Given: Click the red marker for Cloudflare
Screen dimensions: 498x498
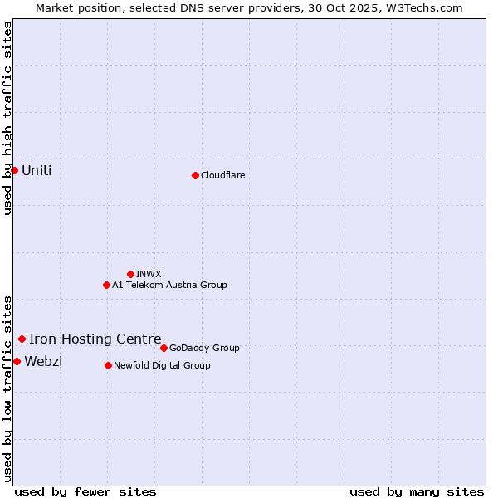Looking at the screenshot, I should pyautogui.click(x=195, y=175).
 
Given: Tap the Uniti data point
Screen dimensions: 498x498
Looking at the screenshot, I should pyautogui.click(x=14, y=170).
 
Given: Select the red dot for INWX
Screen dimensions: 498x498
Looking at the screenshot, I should pyautogui.click(x=130, y=274).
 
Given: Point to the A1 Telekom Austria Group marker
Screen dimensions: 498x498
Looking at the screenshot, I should pyautogui.click(x=106, y=285).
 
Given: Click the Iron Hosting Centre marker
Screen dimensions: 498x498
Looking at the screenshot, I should pyautogui.click(x=22, y=339).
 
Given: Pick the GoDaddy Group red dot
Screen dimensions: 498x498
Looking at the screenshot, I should pyautogui.click(x=164, y=348).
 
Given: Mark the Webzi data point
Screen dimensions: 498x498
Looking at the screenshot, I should pyautogui.click(x=17, y=361).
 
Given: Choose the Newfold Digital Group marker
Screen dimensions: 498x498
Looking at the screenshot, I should pyautogui.click(x=108, y=365).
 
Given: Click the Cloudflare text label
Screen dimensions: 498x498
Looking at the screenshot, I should pyautogui.click(x=222, y=175).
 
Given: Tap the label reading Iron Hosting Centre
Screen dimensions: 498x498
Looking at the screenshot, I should pyautogui.click(x=95, y=339).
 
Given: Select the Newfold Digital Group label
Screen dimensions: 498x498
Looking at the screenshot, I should pyautogui.click(x=162, y=365).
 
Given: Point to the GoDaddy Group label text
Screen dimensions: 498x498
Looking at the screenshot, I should pyautogui.click(x=204, y=348).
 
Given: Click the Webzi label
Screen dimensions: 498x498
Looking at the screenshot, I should pyautogui.click(x=43, y=361).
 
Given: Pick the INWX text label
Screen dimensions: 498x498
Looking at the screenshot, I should pyautogui.click(x=149, y=274).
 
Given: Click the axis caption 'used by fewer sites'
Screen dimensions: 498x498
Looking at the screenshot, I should pyautogui.click(x=85, y=491).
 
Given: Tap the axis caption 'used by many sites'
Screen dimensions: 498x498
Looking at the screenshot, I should pyautogui.click(x=417, y=491).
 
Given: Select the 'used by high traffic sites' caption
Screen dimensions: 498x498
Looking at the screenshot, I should pyautogui.click(x=7, y=118).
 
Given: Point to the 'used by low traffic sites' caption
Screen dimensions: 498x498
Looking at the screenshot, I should pyautogui.click(x=7, y=388).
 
